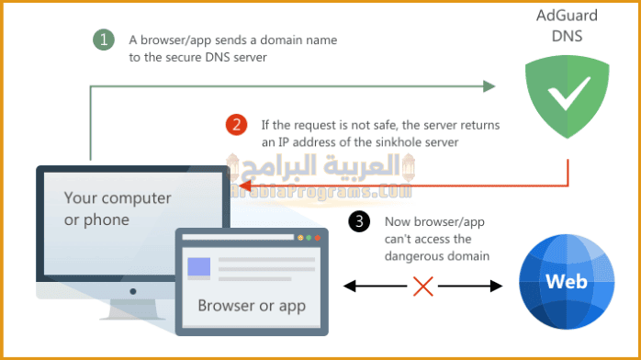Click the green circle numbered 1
coord(104,40)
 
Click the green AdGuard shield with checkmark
coord(562,97)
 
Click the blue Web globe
coord(564,281)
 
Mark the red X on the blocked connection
coord(424,287)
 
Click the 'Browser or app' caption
coord(252,304)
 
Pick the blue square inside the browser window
coord(199,268)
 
